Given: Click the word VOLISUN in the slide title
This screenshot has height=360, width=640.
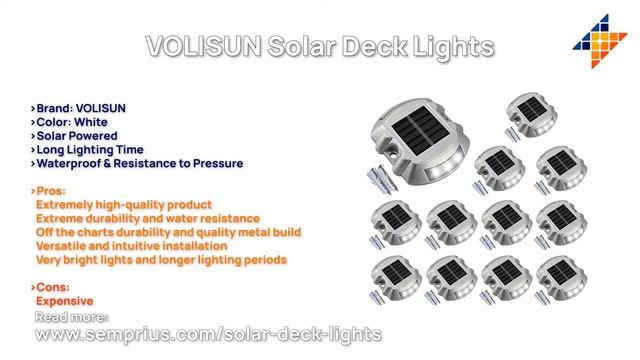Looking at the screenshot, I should [204, 46].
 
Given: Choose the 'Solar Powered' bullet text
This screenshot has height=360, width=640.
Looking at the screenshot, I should [77, 135].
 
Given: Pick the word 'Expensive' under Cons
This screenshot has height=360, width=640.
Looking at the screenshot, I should [64, 300].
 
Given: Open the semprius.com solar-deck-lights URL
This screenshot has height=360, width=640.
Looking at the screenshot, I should [209, 332].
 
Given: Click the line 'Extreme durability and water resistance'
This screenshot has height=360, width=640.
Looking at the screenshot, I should [148, 217].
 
